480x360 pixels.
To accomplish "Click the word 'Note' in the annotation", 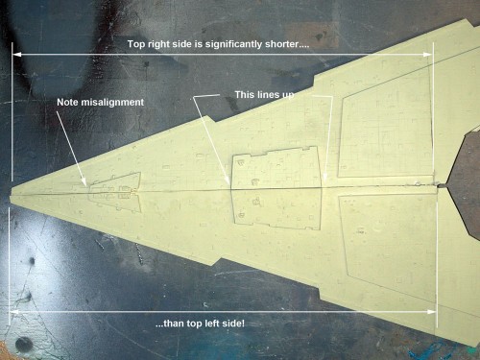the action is [67, 102].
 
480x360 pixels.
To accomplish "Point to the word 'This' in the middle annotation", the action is [245, 95].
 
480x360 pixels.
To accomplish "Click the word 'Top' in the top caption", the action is [136, 44].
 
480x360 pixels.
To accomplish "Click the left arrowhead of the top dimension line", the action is [16, 55].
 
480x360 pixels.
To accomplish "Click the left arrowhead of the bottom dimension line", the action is [14, 311].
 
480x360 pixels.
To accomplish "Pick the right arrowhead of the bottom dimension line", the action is [431, 311].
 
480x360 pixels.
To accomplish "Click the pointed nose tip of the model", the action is [11, 195].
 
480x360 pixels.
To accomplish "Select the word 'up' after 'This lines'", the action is [288, 95].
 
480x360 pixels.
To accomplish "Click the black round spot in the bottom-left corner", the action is [23, 344].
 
